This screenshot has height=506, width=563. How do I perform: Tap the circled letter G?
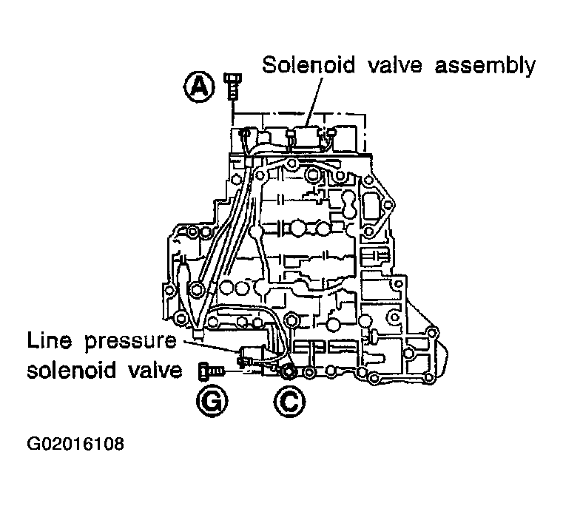[x=212, y=401]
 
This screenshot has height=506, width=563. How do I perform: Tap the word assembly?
[x=487, y=67]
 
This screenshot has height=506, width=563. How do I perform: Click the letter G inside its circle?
[x=212, y=401]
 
